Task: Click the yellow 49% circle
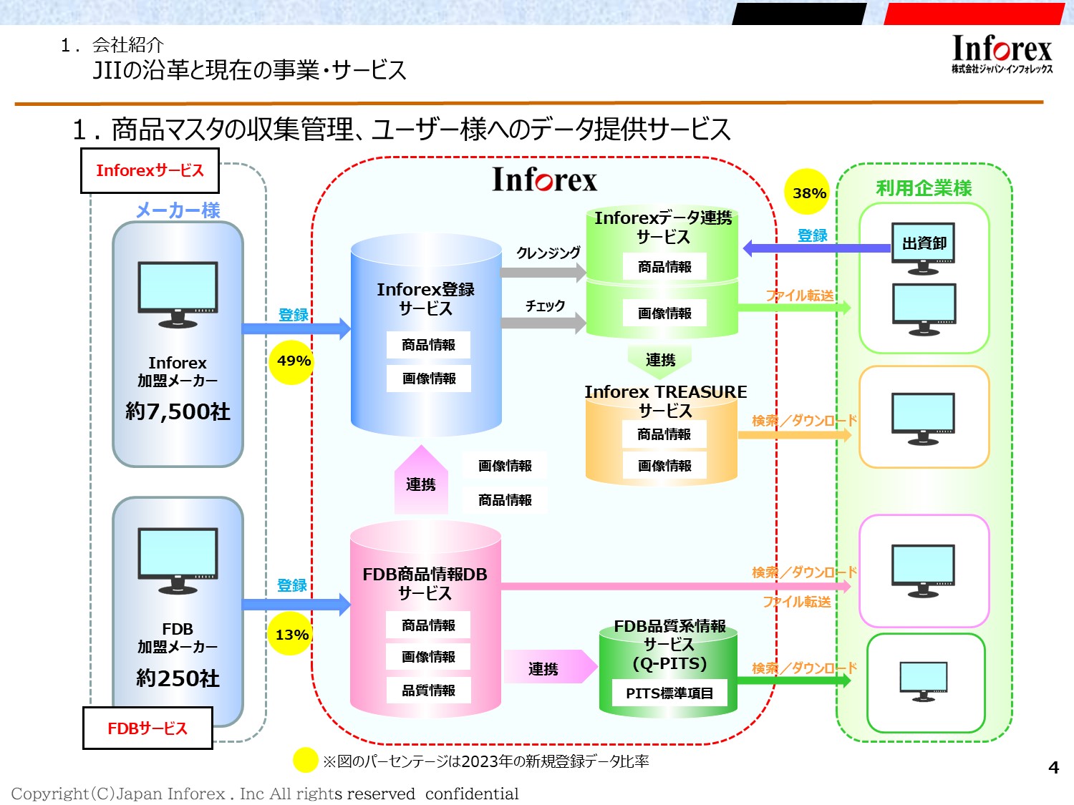[293, 361]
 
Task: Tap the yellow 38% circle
[808, 192]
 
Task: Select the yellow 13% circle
[291, 635]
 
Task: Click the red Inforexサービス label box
[150, 171]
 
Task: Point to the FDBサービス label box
[147, 728]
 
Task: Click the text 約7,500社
[178, 411]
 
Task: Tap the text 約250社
[178, 678]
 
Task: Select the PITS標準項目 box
[669, 693]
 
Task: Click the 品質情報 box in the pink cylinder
[428, 691]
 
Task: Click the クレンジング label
[548, 253]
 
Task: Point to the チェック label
[546, 306]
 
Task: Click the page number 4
[1053, 768]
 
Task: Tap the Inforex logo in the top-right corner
[1002, 54]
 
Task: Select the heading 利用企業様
[924, 188]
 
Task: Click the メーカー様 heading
[178, 210]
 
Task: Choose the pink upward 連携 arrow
[421, 481]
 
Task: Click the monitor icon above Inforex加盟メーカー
[178, 294]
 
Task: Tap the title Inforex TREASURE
[665, 392]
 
